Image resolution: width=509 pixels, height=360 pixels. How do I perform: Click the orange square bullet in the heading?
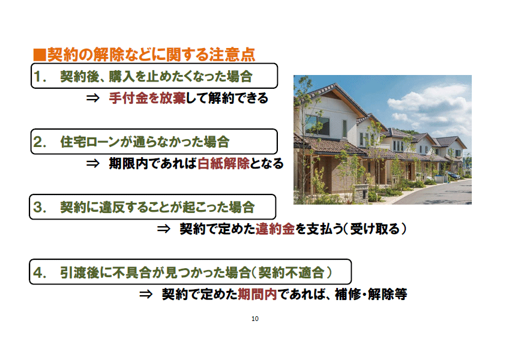click(x=40, y=54)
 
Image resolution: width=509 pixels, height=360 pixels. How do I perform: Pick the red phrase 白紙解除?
click(x=223, y=163)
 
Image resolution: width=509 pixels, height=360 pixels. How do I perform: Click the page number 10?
click(x=254, y=319)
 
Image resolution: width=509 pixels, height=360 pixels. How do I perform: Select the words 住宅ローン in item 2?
click(x=94, y=142)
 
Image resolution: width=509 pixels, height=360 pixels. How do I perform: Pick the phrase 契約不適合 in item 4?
click(x=292, y=272)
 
